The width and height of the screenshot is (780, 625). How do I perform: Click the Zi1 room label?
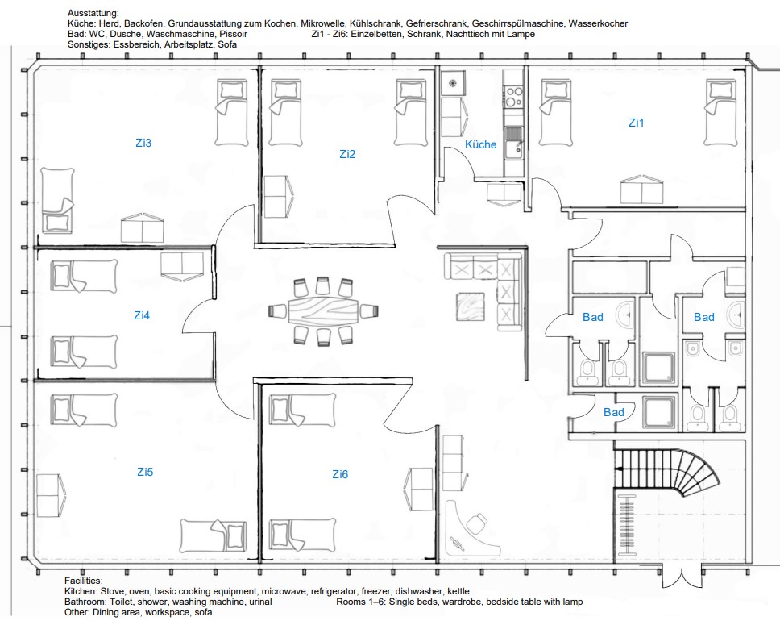(x=637, y=123)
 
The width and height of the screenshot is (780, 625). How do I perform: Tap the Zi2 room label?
(x=347, y=154)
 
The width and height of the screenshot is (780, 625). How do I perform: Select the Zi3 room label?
(x=143, y=143)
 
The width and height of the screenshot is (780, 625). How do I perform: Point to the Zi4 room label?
(x=142, y=315)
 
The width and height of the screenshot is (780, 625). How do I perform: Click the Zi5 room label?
(x=145, y=472)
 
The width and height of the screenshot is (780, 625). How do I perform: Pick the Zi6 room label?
(x=340, y=474)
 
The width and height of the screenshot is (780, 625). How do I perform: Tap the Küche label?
(x=480, y=144)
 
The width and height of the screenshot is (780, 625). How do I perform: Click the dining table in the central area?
(x=323, y=311)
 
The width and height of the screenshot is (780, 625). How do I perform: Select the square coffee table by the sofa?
(x=471, y=306)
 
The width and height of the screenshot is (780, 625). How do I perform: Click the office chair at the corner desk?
(x=477, y=523)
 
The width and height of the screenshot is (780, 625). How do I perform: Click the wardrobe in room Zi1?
(x=641, y=190)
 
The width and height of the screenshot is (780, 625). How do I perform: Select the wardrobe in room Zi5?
(x=51, y=495)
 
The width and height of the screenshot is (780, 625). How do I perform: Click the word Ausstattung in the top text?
(x=93, y=13)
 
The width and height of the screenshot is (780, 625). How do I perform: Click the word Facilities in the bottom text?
(x=84, y=581)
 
